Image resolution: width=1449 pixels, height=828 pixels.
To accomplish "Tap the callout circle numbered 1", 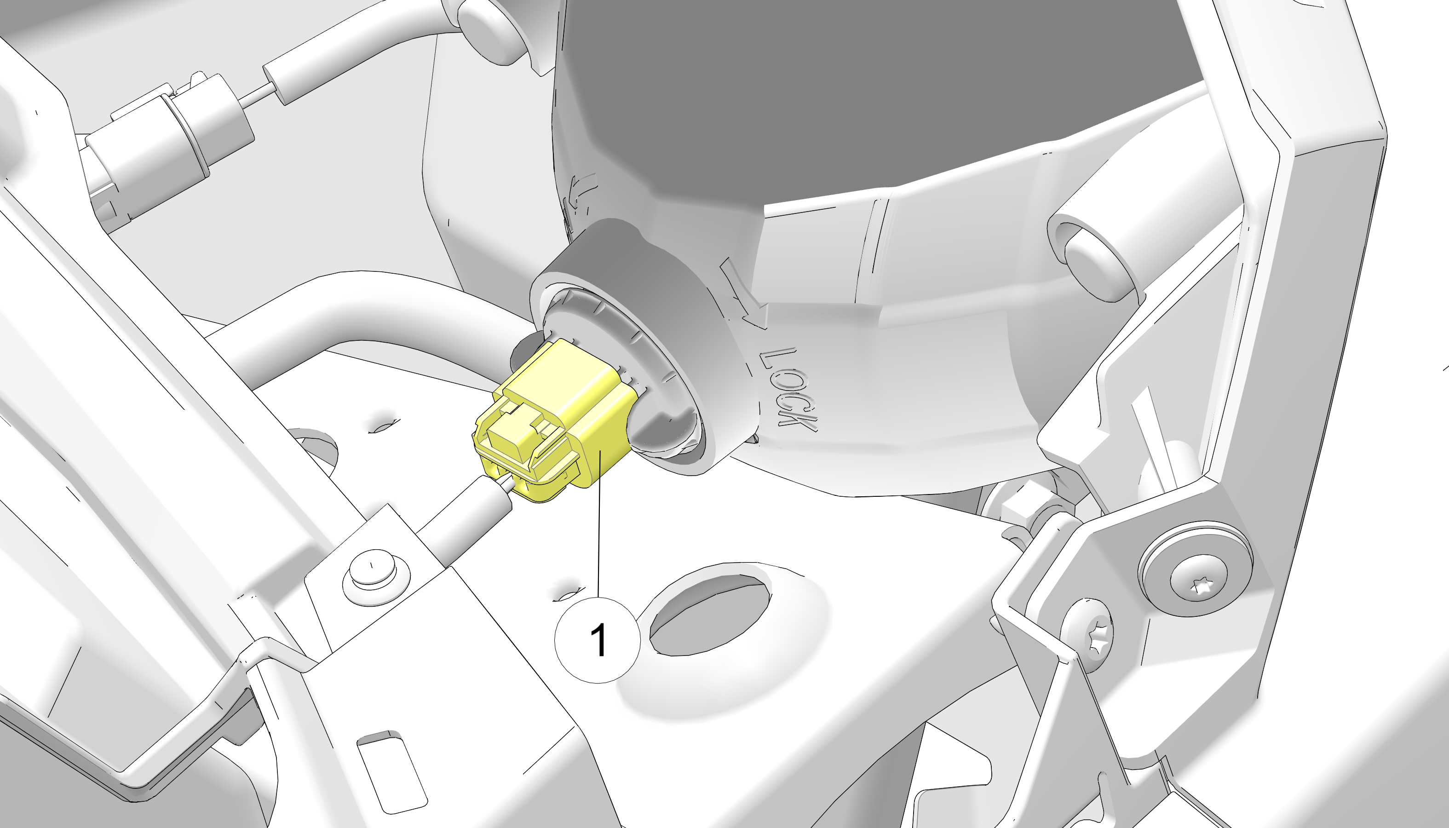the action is coord(598,639).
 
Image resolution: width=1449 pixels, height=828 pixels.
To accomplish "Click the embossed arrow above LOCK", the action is coord(745,293).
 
